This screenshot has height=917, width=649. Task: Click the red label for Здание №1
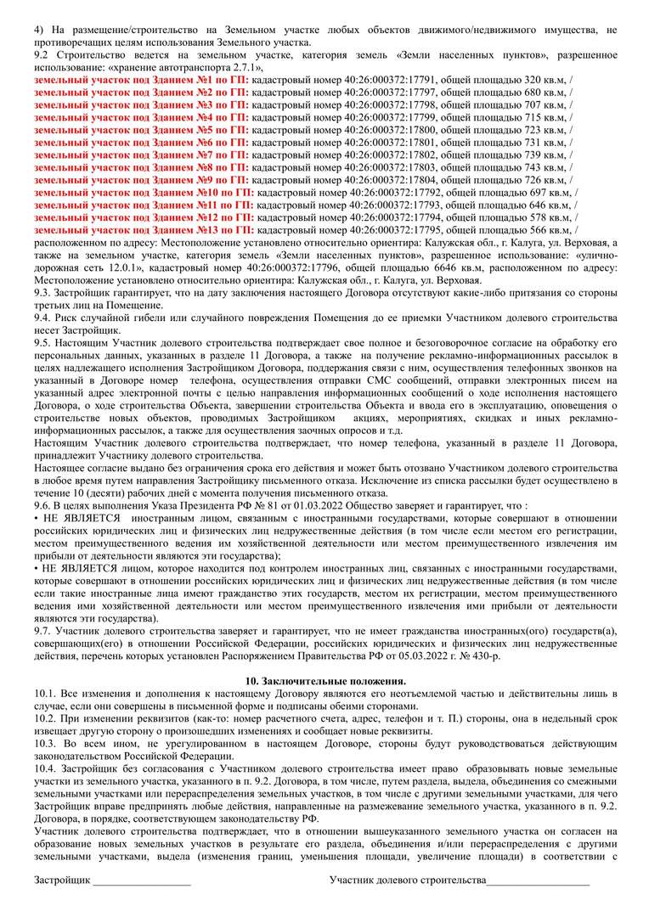point(141,79)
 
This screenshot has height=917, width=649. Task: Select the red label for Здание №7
point(141,155)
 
